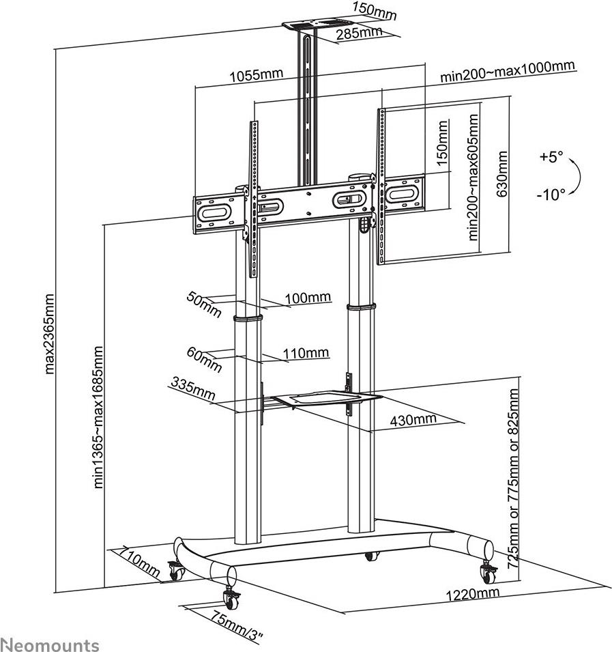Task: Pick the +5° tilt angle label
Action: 551,157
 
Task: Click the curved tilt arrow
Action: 577,176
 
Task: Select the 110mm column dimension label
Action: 306,353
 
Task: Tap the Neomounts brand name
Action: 50,644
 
